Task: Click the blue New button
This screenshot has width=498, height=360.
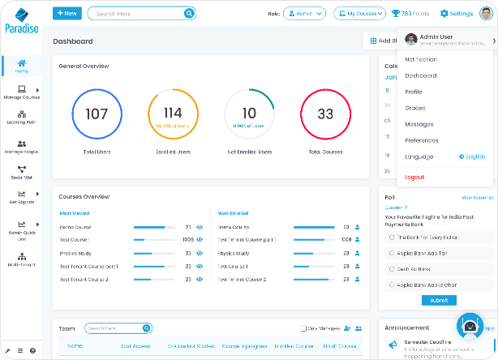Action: [67, 13]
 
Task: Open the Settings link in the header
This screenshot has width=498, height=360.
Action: [456, 13]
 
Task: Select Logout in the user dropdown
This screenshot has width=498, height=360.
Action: [414, 177]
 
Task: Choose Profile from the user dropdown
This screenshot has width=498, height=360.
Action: [414, 92]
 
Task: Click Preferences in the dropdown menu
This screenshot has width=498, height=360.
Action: [421, 140]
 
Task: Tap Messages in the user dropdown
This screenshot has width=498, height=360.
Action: [419, 124]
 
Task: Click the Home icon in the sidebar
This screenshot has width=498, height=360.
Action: [21, 66]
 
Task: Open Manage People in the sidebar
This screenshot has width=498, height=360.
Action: [21, 147]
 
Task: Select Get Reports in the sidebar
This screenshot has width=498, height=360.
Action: [21, 198]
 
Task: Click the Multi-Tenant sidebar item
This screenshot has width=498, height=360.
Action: [21, 259]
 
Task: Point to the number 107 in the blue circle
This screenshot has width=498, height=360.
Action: [97, 114]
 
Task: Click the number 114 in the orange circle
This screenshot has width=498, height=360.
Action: [173, 113]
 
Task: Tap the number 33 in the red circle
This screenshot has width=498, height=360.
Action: [324, 114]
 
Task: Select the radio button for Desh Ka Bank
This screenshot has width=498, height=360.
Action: [392, 268]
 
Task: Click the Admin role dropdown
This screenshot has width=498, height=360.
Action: [304, 13]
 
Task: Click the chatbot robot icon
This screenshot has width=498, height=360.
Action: [470, 326]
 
